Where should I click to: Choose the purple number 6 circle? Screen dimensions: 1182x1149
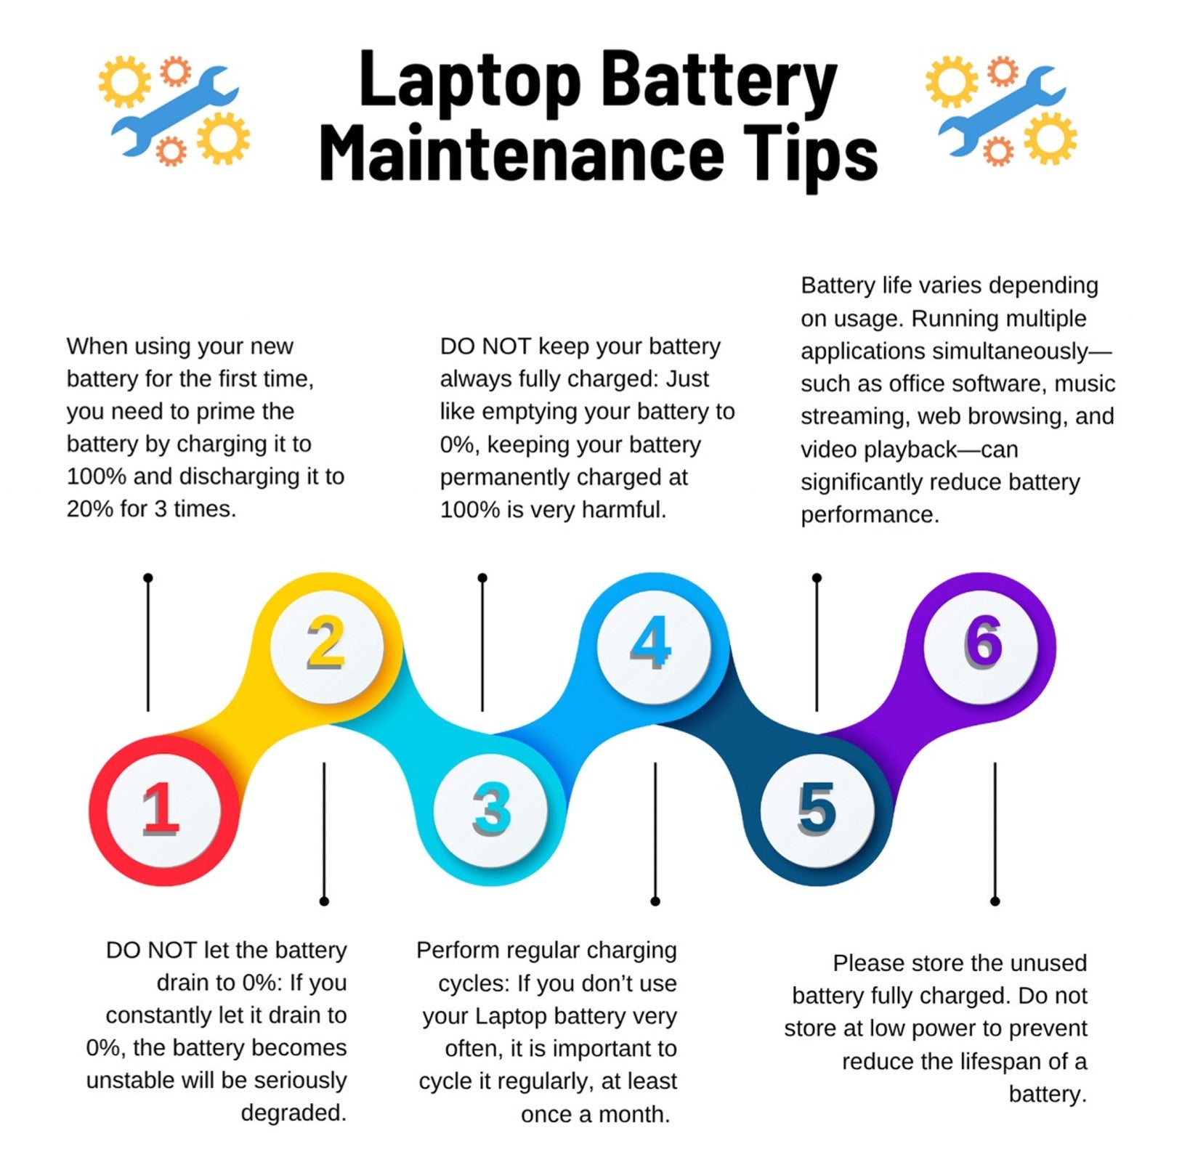coord(981,645)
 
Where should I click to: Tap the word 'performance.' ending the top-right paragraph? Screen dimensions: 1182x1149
coord(870,515)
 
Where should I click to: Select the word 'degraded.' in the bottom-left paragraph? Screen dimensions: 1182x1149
coord(294,1112)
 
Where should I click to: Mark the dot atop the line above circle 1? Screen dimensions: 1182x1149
coord(148,578)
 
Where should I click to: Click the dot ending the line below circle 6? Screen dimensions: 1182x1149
coord(995,901)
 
